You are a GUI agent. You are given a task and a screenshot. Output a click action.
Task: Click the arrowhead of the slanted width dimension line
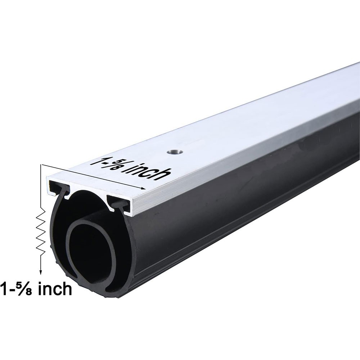pos(144,188)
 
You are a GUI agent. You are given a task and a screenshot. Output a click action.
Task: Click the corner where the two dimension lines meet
pos(41,165)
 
